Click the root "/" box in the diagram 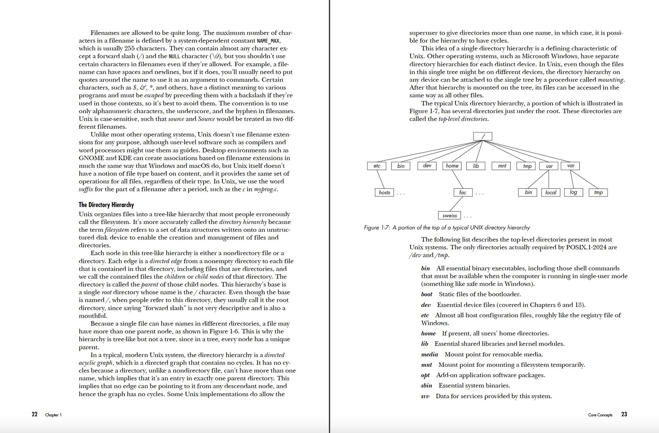(482, 136)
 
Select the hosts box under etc (384, 193)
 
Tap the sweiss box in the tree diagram (449, 216)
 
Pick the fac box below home (463, 193)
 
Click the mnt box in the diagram (502, 166)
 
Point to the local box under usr (551, 193)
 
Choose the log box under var (573, 193)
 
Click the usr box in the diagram (549, 166)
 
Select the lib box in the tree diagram (476, 166)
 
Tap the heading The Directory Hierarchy (106, 205)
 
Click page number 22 (35, 415)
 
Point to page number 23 (624, 415)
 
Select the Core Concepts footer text (600, 415)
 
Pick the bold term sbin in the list (426, 386)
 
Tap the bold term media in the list (429, 355)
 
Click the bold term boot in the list (427, 294)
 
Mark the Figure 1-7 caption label (377, 228)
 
